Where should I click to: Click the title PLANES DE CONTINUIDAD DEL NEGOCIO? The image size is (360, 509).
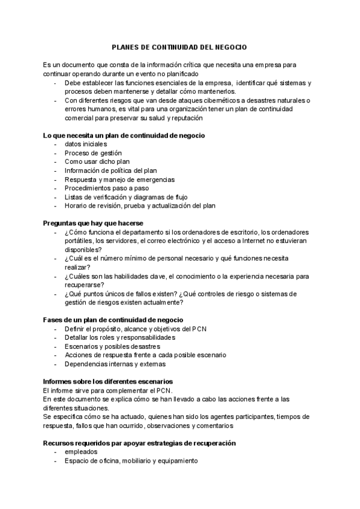point(179,46)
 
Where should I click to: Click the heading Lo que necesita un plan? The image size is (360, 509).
point(124,136)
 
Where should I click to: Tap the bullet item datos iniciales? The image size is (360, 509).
point(86,145)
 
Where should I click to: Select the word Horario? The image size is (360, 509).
point(77,205)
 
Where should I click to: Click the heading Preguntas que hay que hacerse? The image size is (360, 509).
point(93,223)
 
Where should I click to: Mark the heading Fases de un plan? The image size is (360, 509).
point(113,320)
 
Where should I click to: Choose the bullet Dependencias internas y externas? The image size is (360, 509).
point(115,364)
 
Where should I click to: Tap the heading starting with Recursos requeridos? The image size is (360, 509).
point(139,443)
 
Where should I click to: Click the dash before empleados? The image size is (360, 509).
point(55,452)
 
